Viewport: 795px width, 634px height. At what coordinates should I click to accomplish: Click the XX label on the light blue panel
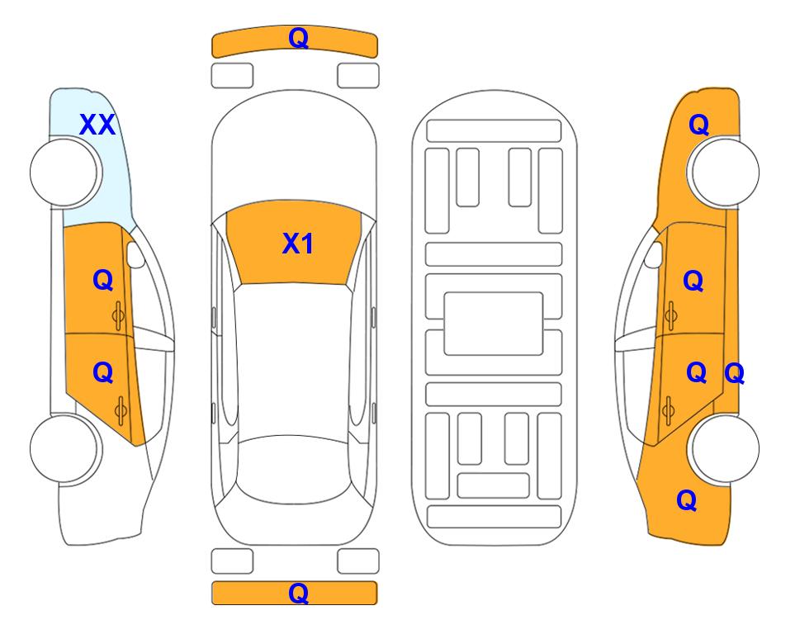(97, 125)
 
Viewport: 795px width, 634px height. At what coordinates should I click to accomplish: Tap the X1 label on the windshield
(298, 244)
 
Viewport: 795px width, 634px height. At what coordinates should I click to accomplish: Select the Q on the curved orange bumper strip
(298, 38)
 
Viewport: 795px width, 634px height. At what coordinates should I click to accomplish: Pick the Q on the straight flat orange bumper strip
(298, 593)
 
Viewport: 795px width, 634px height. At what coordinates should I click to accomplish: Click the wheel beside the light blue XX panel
(65, 173)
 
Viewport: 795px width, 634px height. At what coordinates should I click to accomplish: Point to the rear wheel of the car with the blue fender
(65, 448)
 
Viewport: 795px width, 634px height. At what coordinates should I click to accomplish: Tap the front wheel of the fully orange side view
(723, 172)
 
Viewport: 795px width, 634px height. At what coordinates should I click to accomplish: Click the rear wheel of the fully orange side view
(723, 448)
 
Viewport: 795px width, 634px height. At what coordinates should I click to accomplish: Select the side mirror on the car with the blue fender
(135, 255)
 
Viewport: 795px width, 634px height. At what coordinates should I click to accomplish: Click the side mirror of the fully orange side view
(654, 255)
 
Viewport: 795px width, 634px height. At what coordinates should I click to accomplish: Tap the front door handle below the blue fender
(119, 315)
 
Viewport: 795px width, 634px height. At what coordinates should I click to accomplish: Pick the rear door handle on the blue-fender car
(121, 410)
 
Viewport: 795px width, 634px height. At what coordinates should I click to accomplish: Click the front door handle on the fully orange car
(670, 315)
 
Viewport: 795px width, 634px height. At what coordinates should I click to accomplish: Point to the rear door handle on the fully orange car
(668, 410)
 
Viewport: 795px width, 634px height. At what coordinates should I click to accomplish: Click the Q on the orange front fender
(698, 125)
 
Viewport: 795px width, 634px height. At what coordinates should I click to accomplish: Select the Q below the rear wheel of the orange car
(687, 500)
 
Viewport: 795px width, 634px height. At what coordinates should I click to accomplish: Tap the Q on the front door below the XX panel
(103, 280)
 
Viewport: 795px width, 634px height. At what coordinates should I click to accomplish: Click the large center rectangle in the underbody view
(494, 324)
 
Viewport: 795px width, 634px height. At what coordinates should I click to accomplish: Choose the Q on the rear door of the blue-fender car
(103, 373)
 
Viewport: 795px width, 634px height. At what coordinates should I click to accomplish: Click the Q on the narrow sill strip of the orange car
(734, 374)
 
